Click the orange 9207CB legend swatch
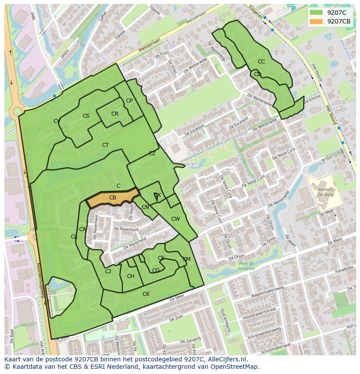pyautogui.click(x=317, y=21)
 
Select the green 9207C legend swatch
pyautogui.click(x=317, y=13)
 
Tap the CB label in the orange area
pyautogui.click(x=113, y=198)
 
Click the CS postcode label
pyautogui.click(x=86, y=116)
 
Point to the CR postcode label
pyautogui.click(x=115, y=114)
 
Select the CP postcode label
pyautogui.click(x=129, y=101)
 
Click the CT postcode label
pyautogui.click(x=105, y=145)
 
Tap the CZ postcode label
pyautogui.click(x=152, y=153)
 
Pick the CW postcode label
pyautogui.click(x=175, y=219)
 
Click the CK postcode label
pyautogui.click(x=146, y=294)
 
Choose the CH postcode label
pyautogui.click(x=130, y=276)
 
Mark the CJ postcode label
pyautogui.click(x=108, y=271)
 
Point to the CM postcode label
pyautogui.click(x=187, y=259)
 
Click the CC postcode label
pyautogui.click(x=261, y=62)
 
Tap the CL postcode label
pyautogui.click(x=74, y=237)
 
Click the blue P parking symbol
pyautogui.click(x=293, y=9)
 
